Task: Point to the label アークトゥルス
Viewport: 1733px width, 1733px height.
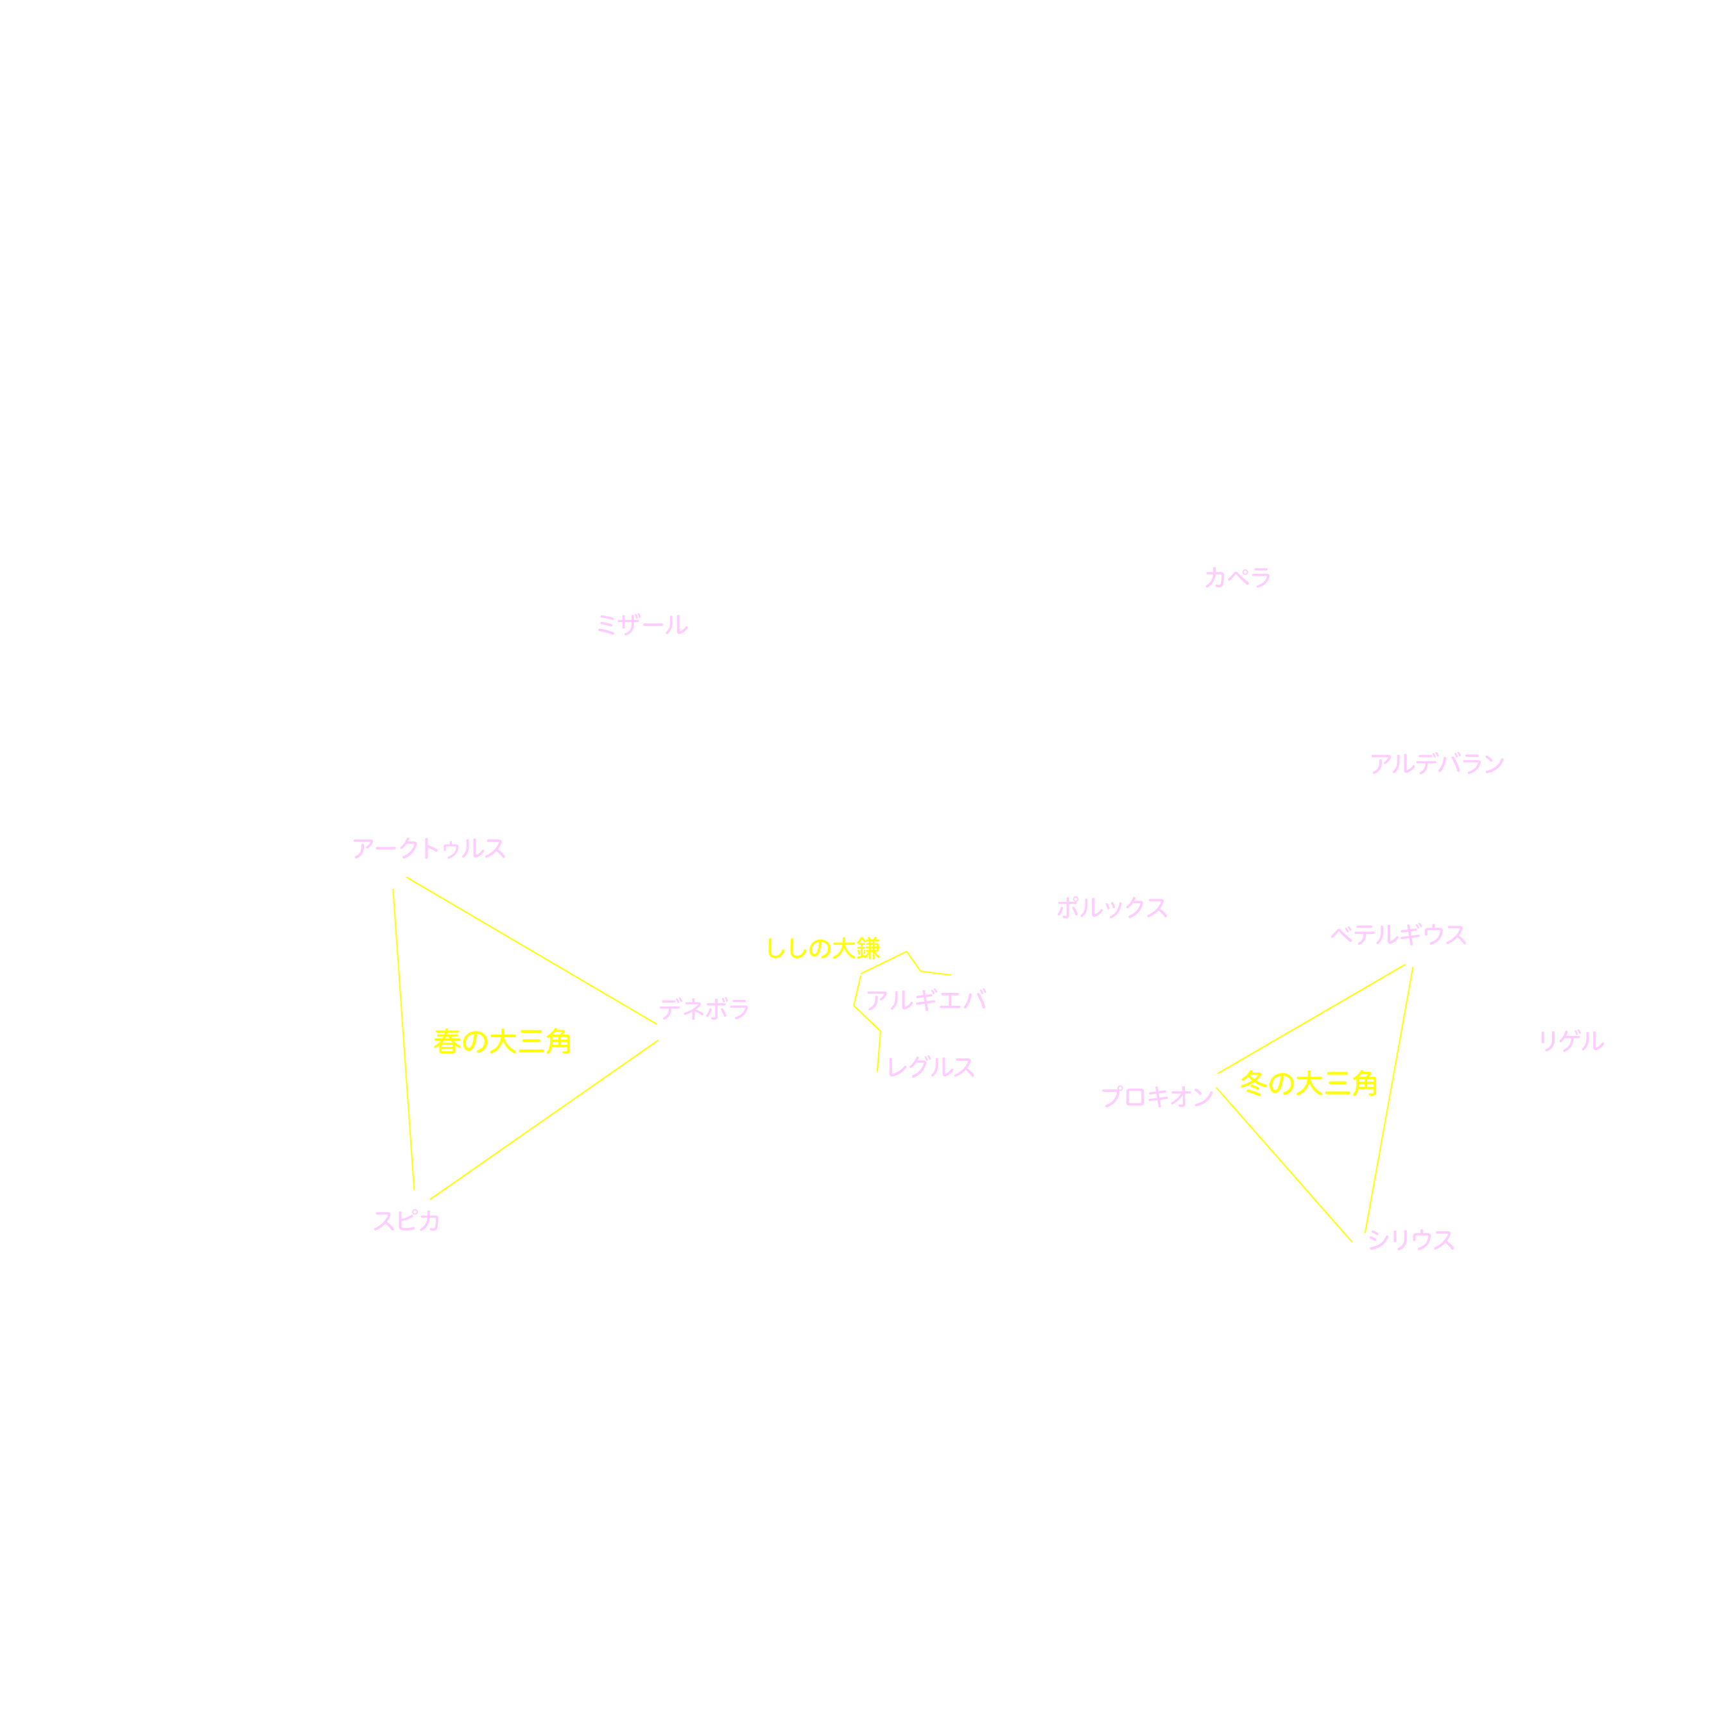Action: [x=429, y=849]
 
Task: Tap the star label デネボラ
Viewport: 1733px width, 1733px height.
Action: [x=704, y=1010]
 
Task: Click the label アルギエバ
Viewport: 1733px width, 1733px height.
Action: [x=926, y=1000]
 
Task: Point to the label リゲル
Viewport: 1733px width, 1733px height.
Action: [x=1571, y=1042]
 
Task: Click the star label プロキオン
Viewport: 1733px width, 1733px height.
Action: [x=1157, y=1097]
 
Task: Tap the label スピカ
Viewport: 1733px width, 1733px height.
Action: [x=406, y=1221]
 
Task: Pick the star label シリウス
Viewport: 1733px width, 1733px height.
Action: [x=1411, y=1241]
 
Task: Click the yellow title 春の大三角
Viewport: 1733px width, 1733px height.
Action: [x=503, y=1042]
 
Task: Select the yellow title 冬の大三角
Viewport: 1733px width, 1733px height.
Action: [x=1308, y=1083]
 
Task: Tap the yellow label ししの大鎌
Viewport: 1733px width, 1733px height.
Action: [x=823, y=948]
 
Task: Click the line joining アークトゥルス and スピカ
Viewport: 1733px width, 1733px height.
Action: [x=404, y=1040]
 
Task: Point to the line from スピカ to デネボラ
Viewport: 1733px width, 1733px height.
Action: [x=544, y=1119]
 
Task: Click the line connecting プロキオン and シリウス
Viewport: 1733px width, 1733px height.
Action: [x=1284, y=1165]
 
